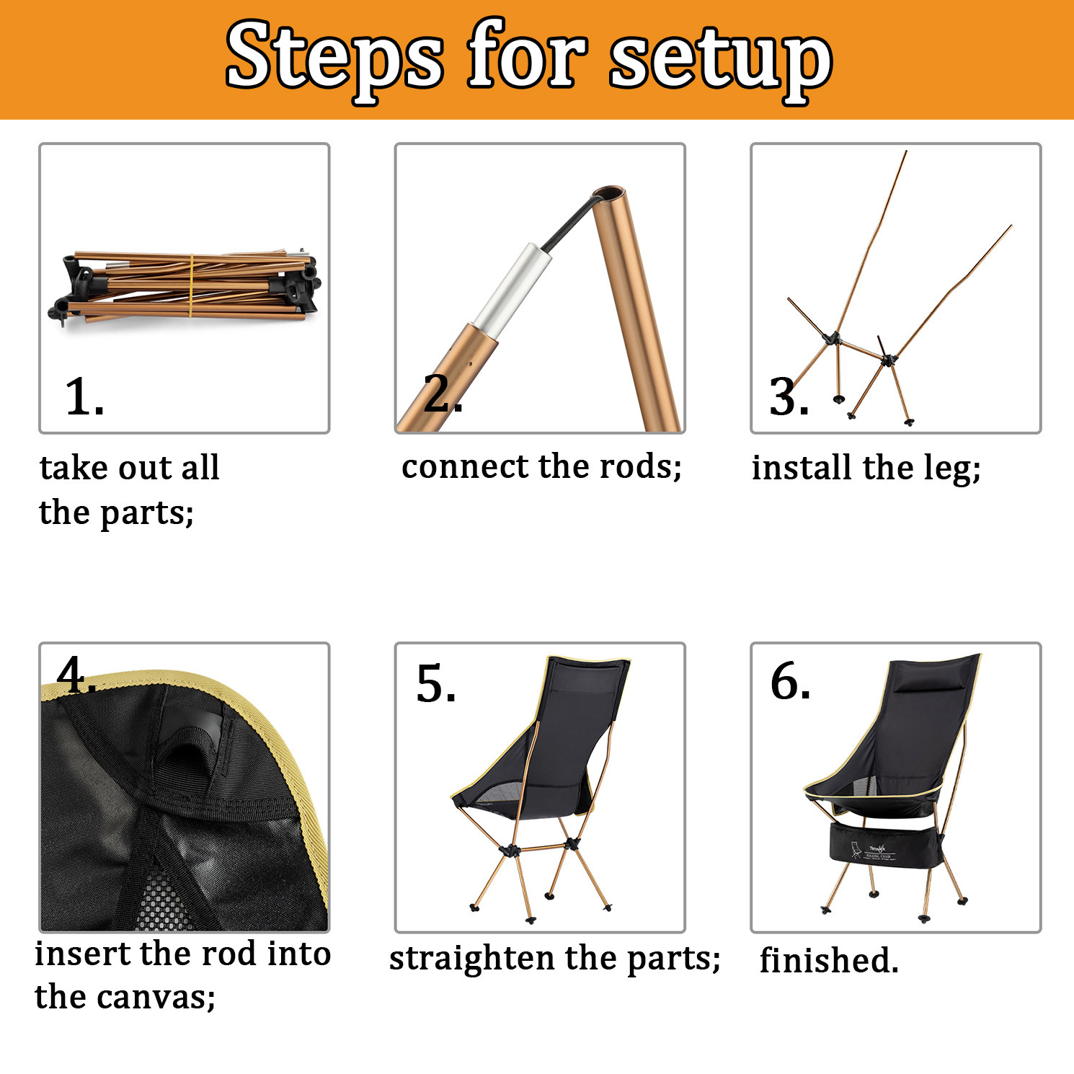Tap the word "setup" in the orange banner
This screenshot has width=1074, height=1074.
pyautogui.click(x=722, y=61)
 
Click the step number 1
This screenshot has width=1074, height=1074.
pyautogui.click(x=84, y=396)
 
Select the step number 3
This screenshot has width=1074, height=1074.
pyautogui.click(x=789, y=396)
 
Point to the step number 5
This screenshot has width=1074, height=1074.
pyautogui.click(x=436, y=683)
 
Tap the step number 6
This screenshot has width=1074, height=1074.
pyautogui.click(x=790, y=681)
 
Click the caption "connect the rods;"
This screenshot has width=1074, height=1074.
pyautogui.click(x=541, y=466)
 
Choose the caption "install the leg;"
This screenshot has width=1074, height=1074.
pyautogui.click(x=866, y=469)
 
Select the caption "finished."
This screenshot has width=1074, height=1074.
pyautogui.click(x=829, y=960)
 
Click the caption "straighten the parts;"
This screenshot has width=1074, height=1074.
pyautogui.click(x=554, y=959)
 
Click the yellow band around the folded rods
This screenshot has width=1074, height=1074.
pyautogui.click(x=191, y=285)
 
